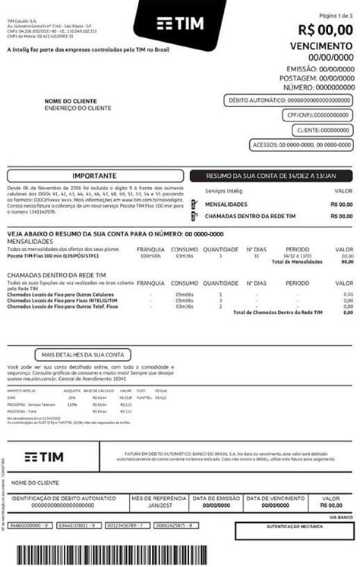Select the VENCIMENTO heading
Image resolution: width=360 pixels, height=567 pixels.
322,46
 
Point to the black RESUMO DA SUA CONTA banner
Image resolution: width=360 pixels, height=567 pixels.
271,174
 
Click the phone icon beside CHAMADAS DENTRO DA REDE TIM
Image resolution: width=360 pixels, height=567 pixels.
197,216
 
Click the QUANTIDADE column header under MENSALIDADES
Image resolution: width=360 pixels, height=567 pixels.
220,249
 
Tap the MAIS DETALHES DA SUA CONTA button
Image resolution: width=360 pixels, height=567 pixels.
82,354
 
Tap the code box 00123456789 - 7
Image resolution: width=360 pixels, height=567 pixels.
126,525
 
